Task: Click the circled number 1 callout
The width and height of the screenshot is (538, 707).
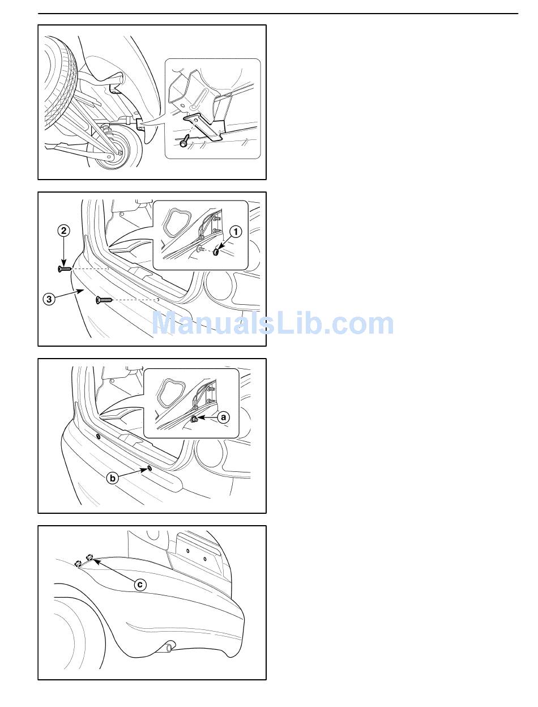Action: [236, 232]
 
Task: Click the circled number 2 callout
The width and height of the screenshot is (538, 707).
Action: [64, 231]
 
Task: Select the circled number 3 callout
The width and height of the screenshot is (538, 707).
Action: [49, 299]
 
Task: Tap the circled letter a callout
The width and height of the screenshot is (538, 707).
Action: [223, 418]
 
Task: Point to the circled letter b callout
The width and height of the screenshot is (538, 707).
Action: [112, 478]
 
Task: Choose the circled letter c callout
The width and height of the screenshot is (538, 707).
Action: [140, 585]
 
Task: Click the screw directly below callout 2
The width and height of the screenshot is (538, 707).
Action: [65, 269]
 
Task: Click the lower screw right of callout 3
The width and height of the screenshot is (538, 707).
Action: [104, 300]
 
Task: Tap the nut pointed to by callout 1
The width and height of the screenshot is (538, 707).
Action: [216, 251]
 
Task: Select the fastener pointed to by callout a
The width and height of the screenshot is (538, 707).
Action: [194, 419]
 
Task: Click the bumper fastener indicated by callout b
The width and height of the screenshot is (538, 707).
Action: [150, 467]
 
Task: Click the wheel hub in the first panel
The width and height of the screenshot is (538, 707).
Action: [118, 149]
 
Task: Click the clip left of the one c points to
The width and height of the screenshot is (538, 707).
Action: [77, 563]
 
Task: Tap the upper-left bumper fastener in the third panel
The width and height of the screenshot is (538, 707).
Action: [98, 436]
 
